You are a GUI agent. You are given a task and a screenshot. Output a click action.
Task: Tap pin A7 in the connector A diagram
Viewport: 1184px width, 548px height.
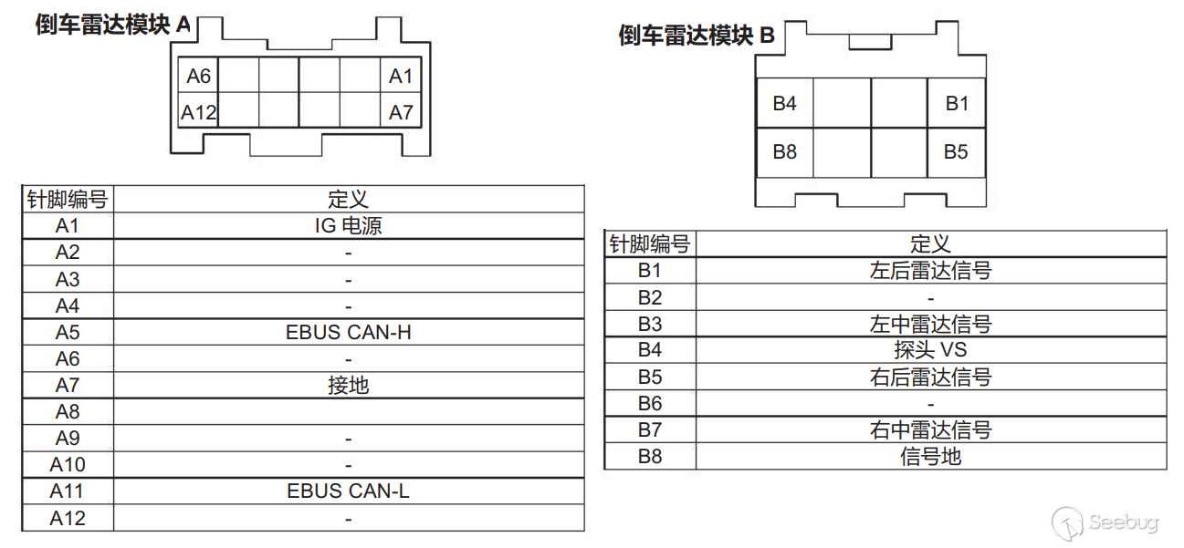tap(401, 113)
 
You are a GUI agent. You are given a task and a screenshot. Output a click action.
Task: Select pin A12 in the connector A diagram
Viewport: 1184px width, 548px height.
tap(198, 113)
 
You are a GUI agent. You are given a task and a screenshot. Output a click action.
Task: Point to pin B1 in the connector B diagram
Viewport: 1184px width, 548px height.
tap(956, 104)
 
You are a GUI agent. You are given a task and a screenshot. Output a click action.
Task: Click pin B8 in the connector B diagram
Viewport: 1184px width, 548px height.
tap(784, 152)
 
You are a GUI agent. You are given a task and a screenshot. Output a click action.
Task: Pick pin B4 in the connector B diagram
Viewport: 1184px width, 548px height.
tap(784, 104)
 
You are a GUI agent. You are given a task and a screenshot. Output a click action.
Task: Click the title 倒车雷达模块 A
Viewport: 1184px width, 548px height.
tap(113, 25)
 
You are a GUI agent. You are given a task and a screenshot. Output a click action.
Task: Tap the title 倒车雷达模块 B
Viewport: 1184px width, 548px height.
tap(697, 36)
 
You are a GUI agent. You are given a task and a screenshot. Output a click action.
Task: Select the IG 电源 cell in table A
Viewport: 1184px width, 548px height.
tap(348, 226)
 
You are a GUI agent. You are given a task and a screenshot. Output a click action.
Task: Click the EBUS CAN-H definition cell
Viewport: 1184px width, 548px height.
tap(348, 332)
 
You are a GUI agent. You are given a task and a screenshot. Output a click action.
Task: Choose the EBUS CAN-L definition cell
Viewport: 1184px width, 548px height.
tap(348, 491)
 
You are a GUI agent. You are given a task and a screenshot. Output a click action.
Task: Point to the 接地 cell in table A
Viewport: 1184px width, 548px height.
tap(348, 386)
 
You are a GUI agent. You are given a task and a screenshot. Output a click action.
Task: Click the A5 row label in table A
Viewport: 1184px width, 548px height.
tap(68, 332)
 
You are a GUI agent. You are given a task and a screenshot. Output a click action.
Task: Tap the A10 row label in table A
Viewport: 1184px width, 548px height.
tap(68, 465)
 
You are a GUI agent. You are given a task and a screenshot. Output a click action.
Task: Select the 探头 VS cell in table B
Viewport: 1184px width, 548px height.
tap(930, 350)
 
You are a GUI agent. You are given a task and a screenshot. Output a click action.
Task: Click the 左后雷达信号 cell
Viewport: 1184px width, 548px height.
tap(930, 271)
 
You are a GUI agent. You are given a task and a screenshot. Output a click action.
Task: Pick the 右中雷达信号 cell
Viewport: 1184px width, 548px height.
tap(930, 430)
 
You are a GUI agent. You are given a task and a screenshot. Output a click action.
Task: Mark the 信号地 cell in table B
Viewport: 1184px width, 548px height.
tap(930, 457)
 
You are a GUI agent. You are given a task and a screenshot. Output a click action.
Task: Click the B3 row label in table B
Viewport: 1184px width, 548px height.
tap(649, 324)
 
